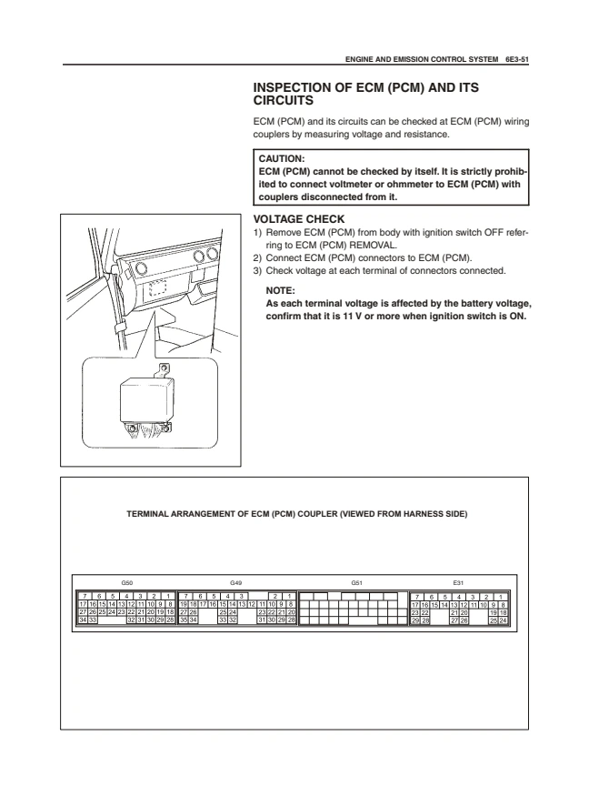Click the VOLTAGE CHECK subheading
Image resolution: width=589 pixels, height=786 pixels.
(x=299, y=219)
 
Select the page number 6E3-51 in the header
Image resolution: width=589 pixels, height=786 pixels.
(x=517, y=59)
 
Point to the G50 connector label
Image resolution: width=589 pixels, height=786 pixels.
(x=127, y=583)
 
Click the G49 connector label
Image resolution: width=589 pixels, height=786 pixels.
(x=236, y=583)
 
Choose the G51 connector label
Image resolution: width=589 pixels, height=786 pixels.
(x=356, y=583)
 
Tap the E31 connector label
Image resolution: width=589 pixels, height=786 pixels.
(x=458, y=583)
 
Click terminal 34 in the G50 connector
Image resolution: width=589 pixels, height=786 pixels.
(x=84, y=620)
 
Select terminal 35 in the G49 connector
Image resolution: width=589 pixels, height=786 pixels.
(x=184, y=620)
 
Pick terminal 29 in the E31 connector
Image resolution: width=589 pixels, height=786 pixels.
(x=415, y=620)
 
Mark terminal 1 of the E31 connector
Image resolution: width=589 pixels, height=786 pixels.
(x=500, y=597)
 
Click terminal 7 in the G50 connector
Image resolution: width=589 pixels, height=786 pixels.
(x=85, y=597)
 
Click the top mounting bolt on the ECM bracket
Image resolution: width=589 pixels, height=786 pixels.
(x=164, y=369)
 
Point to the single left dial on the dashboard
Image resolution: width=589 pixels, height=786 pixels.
(x=141, y=268)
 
